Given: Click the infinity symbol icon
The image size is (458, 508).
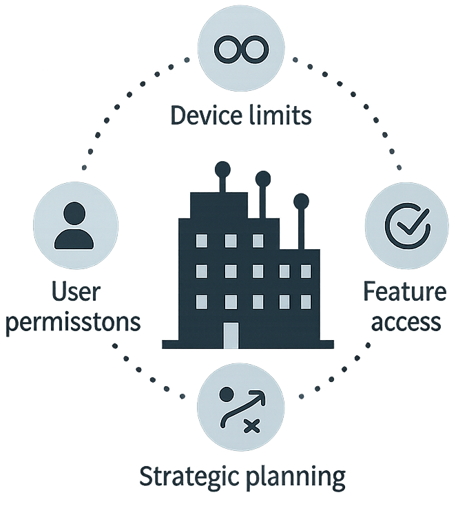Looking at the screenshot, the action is point(242,50).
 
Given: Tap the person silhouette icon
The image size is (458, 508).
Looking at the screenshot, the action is point(74,226).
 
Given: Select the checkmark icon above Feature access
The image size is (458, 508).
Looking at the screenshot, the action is point(408,226).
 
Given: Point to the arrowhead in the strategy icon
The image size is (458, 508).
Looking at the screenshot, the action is point(259,396).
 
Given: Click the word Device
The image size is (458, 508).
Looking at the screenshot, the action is point(207,115).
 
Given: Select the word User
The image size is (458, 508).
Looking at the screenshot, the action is point(76,292).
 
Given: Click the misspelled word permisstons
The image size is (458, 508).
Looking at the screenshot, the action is point(73,322).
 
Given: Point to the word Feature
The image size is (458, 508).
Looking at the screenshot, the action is point(404,291).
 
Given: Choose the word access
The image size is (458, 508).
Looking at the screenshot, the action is point(406,321).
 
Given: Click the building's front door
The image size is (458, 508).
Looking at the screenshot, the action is point(231,335).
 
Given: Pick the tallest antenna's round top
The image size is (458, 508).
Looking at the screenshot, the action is point(222,169).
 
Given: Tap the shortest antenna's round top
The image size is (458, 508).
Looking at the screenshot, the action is point(301,201).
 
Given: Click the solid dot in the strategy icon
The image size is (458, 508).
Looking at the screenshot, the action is point(227,394).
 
